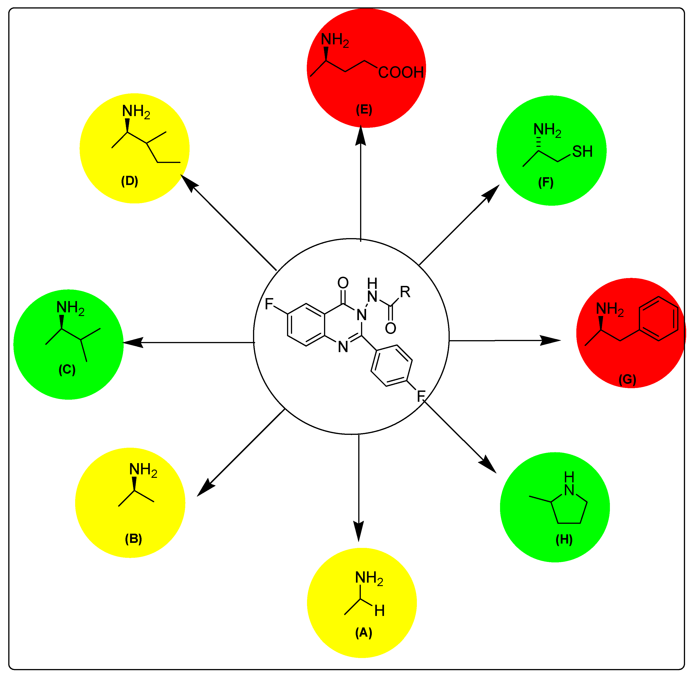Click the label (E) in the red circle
click(364, 109)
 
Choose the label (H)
click(564, 539)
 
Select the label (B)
click(134, 538)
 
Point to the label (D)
click(130, 181)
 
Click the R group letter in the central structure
click(405, 292)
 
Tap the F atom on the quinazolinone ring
click(269, 304)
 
